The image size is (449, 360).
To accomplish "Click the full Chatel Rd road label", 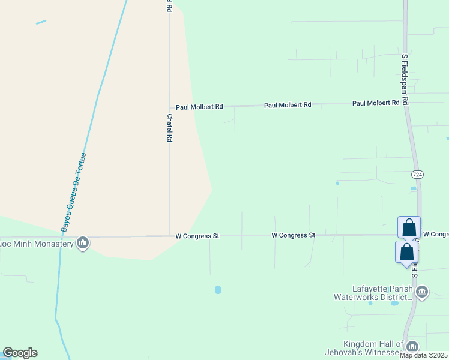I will click(170, 128).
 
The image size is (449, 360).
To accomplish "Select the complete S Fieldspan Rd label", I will click(405, 80).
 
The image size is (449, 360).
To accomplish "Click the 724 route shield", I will click(418, 174).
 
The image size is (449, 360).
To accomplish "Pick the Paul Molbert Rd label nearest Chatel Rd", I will click(199, 106).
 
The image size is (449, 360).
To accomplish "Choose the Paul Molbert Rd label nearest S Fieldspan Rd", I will click(376, 103).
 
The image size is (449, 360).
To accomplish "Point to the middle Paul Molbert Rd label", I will click(288, 105).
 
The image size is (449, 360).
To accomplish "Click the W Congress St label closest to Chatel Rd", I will click(197, 236).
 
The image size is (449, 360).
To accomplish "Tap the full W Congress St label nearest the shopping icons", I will click(293, 235).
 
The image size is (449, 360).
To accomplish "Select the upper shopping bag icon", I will click(409, 228).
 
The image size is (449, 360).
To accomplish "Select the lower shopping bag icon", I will click(406, 252).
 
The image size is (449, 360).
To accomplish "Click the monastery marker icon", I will click(83, 243).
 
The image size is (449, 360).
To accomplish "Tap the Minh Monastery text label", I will click(37, 244).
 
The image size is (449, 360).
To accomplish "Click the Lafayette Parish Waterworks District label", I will click(373, 293).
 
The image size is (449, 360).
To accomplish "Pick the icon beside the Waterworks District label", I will click(422, 292).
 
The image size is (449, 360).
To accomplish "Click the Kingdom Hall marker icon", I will click(412, 347).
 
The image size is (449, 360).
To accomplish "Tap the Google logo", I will click(20, 353).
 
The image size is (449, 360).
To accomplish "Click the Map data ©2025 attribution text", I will click(424, 355).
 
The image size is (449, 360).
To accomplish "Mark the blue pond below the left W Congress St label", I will click(218, 290).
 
